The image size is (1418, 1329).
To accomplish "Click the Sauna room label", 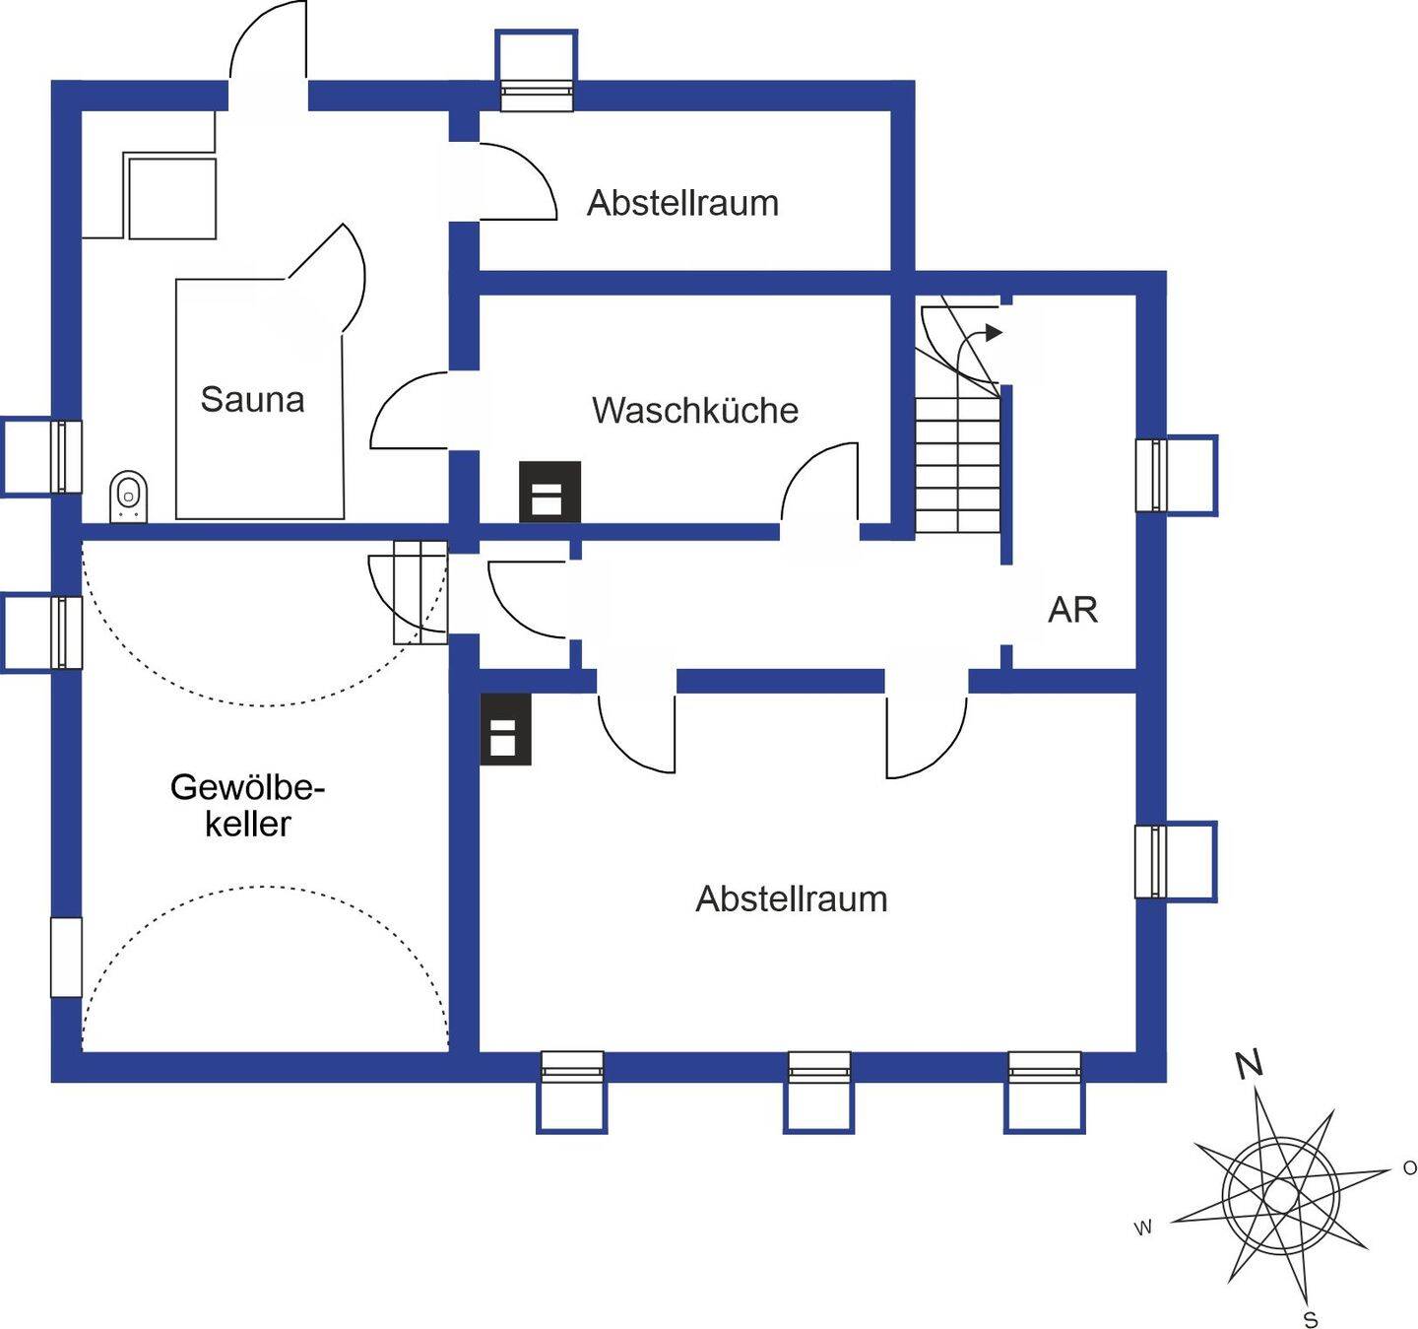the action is (252, 399).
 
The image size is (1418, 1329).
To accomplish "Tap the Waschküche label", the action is (694, 410).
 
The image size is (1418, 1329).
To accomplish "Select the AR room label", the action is (1072, 610).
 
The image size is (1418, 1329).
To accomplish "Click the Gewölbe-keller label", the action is (248, 806).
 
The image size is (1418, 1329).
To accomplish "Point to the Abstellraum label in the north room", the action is (682, 203).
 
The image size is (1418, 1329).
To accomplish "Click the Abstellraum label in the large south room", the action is (791, 898).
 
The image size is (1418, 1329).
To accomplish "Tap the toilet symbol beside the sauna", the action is (129, 497).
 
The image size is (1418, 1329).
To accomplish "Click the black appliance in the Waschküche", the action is (549, 492).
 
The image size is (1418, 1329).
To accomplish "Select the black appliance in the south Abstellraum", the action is (505, 729).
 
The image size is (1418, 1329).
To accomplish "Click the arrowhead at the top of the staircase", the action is (995, 332).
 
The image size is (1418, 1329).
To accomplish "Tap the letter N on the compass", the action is (1250, 1065).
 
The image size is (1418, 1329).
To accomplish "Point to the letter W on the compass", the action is (1143, 1229).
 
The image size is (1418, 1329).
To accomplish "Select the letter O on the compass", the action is (1409, 1167).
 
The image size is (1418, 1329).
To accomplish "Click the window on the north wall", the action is (537, 71).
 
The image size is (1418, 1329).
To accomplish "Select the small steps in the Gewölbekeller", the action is (420, 592).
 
